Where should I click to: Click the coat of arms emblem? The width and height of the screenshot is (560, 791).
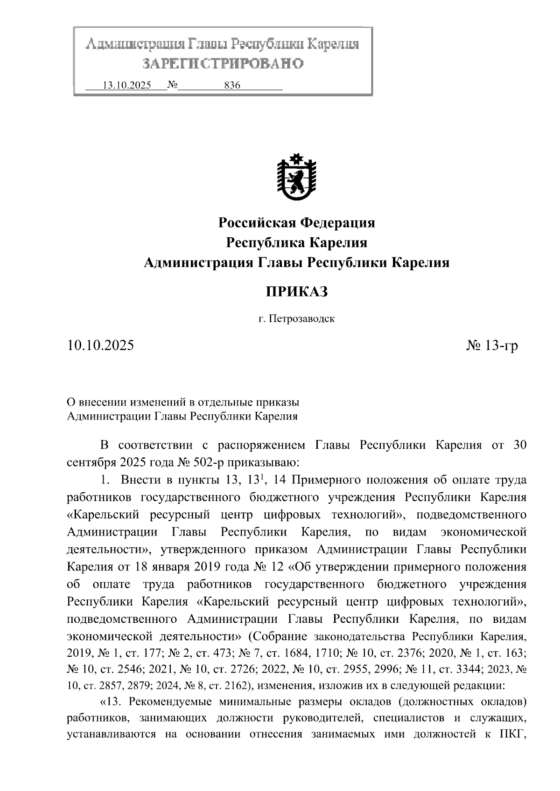(x=296, y=179)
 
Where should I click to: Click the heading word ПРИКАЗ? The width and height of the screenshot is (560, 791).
(x=296, y=292)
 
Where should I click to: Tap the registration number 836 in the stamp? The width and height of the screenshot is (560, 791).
(x=232, y=86)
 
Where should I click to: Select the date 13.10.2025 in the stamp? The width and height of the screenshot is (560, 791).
(x=127, y=86)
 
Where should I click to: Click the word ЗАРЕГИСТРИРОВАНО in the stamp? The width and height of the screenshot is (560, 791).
(x=223, y=63)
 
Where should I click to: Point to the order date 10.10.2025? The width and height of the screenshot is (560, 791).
(x=100, y=345)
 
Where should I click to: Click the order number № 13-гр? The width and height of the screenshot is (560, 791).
(x=492, y=345)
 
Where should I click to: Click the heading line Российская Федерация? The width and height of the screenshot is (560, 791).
(x=296, y=223)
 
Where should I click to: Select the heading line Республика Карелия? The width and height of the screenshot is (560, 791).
(x=296, y=243)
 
